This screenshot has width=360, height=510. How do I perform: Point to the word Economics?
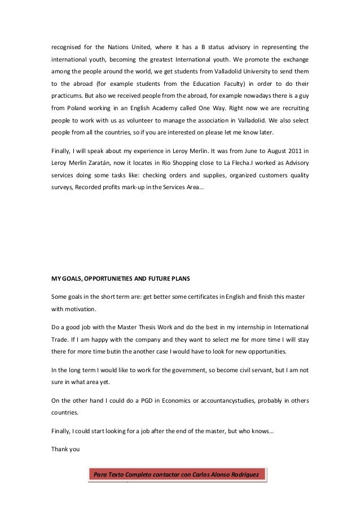coord(178,401)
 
